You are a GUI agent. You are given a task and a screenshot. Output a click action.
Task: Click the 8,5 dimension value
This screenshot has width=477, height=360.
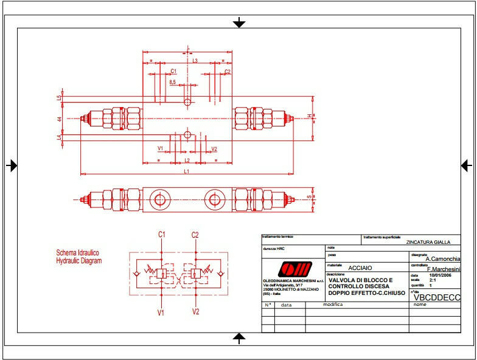pos(173,82)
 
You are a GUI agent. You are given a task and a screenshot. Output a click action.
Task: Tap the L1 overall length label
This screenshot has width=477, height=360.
pos(187,171)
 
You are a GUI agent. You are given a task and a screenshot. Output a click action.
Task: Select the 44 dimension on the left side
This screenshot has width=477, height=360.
pos(60,119)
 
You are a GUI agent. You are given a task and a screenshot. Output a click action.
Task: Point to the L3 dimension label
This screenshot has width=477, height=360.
pos(195,61)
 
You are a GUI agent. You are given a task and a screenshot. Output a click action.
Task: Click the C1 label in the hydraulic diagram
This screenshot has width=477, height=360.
pos(162,235)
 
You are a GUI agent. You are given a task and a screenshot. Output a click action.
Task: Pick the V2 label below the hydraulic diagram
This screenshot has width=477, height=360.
pos(195,312)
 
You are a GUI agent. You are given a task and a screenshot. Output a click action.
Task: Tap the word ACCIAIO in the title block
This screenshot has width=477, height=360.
pos(360,267)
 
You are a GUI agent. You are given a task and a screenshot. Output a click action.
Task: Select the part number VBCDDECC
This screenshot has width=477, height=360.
pos(437,297)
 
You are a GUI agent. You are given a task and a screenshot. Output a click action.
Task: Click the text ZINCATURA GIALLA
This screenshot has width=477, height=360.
pos(428,242)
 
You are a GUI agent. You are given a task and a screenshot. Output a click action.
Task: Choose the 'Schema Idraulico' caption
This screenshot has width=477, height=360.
pos(77,252)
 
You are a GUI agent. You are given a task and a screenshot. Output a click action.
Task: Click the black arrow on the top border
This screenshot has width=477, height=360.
pos(239,22)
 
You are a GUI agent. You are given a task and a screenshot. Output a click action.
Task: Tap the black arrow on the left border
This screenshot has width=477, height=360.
pos(12,165)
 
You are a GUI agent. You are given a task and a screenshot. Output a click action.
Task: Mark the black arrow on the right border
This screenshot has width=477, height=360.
pos(467,165)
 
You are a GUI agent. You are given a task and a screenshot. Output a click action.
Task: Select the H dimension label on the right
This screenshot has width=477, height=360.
pos(309,116)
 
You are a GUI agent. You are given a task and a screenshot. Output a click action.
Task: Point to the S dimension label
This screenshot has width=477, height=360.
pos(309,197)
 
